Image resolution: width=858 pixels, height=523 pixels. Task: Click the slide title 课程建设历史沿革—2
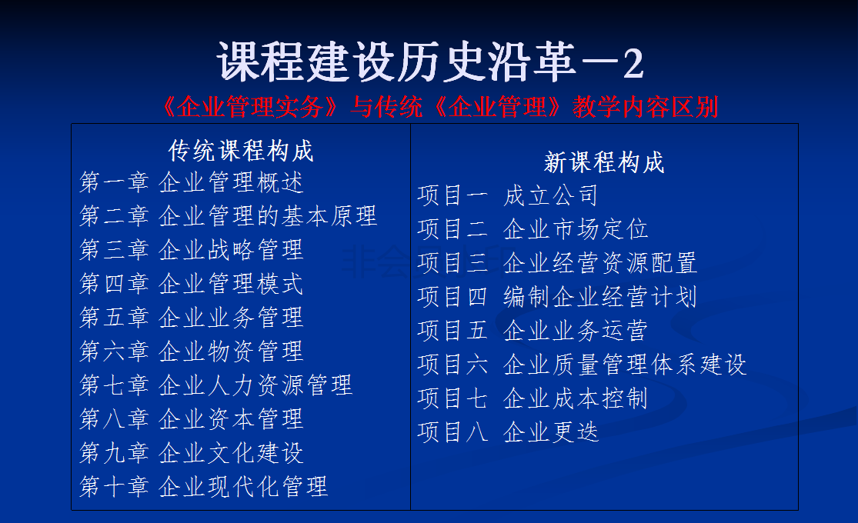click(430, 62)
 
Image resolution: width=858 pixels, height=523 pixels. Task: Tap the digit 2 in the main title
click(633, 64)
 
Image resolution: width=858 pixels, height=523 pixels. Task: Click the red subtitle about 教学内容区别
click(440, 107)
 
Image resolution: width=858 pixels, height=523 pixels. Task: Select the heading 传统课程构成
click(241, 151)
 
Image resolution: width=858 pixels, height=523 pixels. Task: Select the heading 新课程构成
click(604, 162)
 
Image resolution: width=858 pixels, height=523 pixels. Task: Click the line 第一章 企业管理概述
click(191, 182)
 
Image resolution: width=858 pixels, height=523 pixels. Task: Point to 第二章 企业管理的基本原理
click(229, 216)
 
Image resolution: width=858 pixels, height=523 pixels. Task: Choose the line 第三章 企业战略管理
click(191, 250)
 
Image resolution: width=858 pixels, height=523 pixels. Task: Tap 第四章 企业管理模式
click(191, 284)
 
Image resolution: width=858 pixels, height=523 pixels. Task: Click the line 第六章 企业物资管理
click(191, 351)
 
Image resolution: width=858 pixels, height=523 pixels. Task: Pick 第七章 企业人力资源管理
click(215, 385)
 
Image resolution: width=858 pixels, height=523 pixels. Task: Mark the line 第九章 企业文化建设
click(191, 453)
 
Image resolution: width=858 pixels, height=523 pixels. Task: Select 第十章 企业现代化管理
click(204, 486)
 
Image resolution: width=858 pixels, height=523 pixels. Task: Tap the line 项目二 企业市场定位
click(533, 229)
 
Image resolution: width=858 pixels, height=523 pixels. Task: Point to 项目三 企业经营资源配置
click(558, 263)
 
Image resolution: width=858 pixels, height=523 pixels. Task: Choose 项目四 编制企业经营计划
click(558, 297)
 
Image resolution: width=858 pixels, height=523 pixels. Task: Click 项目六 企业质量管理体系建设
click(583, 365)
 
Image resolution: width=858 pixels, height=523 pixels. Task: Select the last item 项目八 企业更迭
click(509, 432)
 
